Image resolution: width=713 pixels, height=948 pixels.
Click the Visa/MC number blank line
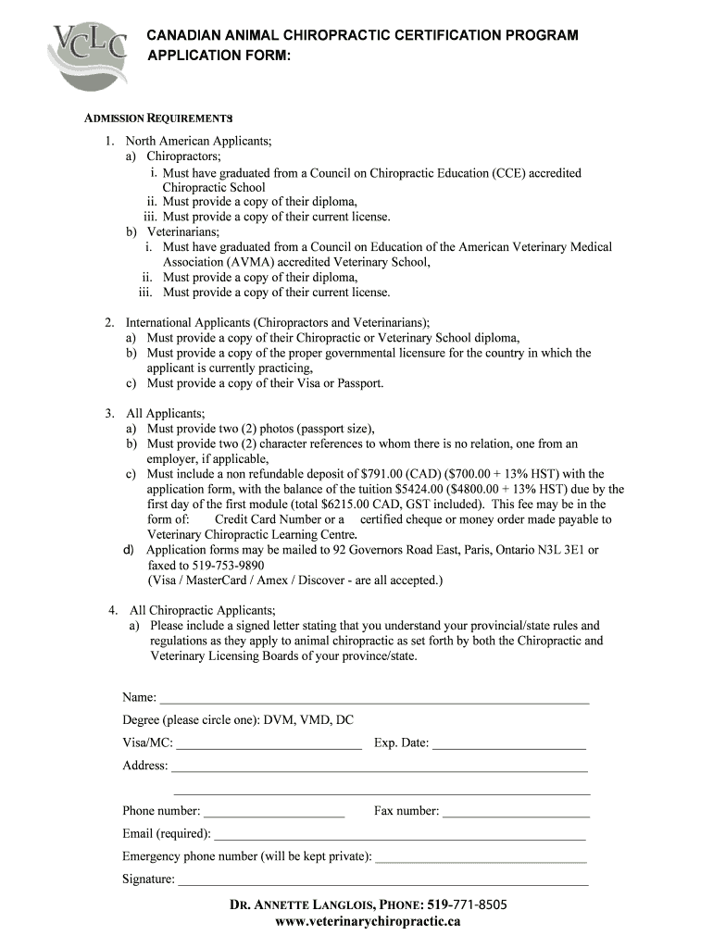coord(269,743)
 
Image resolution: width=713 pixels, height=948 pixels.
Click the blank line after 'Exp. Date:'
coord(508,743)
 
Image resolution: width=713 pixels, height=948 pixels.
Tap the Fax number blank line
coord(516,812)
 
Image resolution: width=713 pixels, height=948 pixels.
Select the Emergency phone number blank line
coord(481,857)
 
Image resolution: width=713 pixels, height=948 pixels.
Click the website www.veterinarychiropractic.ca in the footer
coord(368,921)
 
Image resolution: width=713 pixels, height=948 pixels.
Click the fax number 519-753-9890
coord(228,565)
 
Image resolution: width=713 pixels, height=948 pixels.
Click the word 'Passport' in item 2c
coord(359,383)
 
